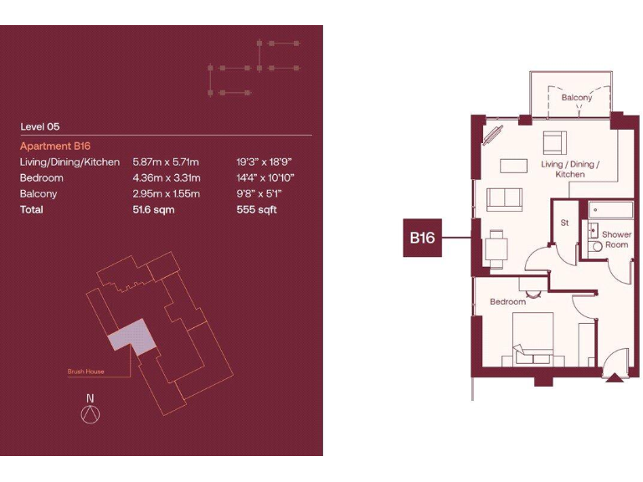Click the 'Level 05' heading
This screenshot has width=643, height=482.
[x=40, y=127]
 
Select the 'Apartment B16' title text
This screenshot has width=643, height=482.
[x=55, y=146]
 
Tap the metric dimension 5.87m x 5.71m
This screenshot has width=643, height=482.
[x=166, y=162]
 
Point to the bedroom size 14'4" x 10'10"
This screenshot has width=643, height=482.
[x=265, y=177]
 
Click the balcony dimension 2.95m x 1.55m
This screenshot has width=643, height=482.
[x=166, y=193]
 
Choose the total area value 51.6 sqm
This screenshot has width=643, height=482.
[x=154, y=209]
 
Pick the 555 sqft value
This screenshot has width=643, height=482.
[x=256, y=209]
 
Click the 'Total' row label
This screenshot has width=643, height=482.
[x=32, y=209]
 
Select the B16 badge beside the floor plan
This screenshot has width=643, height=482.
[x=421, y=238]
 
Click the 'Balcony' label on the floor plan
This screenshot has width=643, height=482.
[x=576, y=98]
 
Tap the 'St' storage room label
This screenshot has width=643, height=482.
[x=565, y=223]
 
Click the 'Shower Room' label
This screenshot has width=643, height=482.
[x=616, y=240]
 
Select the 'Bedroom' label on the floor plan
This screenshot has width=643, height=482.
[x=507, y=301]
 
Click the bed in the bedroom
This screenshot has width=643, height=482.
[x=527, y=339]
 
